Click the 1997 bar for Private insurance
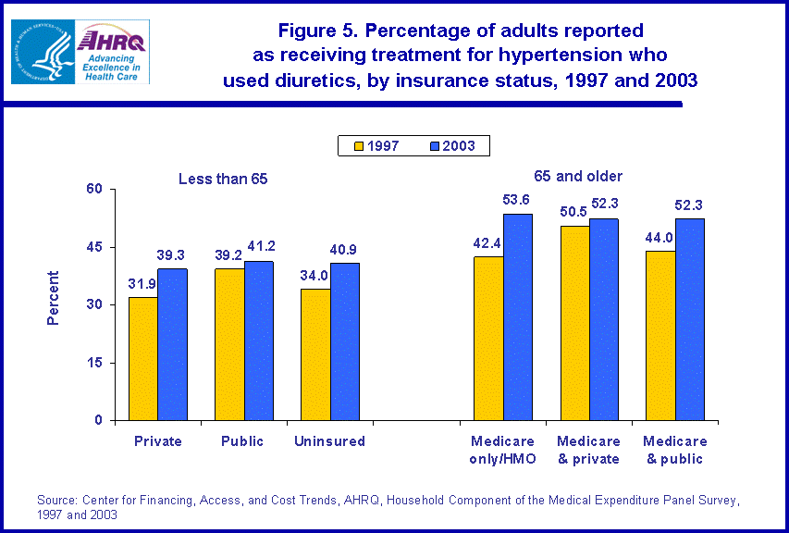(142, 358)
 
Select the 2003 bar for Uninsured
(344, 341)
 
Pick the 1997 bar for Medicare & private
(575, 323)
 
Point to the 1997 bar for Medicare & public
(660, 336)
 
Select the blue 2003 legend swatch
(434, 146)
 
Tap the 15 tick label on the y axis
(97, 363)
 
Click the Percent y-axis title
(53, 298)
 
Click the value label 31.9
(142, 283)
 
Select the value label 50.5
(575, 212)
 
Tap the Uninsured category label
(329, 441)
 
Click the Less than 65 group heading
(223, 179)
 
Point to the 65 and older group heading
(578, 176)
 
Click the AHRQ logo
(113, 51)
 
